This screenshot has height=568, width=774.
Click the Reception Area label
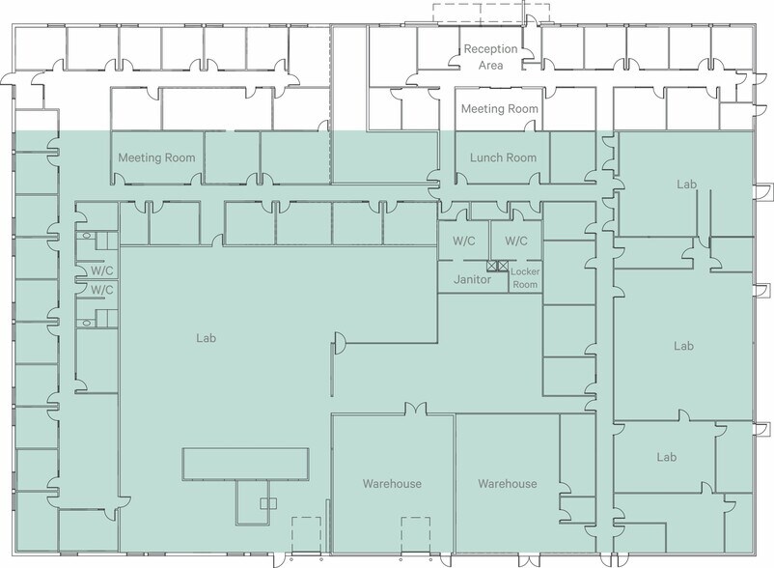pyautogui.click(x=490, y=57)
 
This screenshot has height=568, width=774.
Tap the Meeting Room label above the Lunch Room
pyautogui.click(x=500, y=108)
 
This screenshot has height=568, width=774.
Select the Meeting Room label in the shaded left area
pyautogui.click(x=156, y=157)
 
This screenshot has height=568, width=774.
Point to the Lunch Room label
pyautogui.click(x=503, y=157)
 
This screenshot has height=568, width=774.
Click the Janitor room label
pyautogui.click(x=472, y=279)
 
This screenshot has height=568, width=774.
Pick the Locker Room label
pyautogui.click(x=525, y=278)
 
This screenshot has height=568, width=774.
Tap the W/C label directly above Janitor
pyautogui.click(x=464, y=241)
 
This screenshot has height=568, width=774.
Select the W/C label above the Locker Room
pyautogui.click(x=515, y=241)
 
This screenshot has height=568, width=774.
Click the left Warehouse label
pyautogui.click(x=392, y=484)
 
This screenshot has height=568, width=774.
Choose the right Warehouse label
pyautogui.click(x=508, y=484)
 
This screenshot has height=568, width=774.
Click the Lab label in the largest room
pyautogui.click(x=206, y=338)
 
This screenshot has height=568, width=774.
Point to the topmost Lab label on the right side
pyautogui.click(x=686, y=185)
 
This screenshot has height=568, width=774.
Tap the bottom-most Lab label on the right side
pyautogui.click(x=666, y=457)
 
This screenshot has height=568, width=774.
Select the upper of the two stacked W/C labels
pyautogui.click(x=101, y=270)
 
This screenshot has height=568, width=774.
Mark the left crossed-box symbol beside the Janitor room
pyautogui.click(x=491, y=267)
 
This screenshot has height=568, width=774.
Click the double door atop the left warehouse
pyautogui.click(x=416, y=409)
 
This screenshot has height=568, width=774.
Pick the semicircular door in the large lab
pyautogui.click(x=340, y=343)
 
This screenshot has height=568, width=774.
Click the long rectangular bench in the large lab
pyautogui.click(x=246, y=464)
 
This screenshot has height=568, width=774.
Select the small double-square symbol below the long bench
pyautogui.click(x=268, y=503)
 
